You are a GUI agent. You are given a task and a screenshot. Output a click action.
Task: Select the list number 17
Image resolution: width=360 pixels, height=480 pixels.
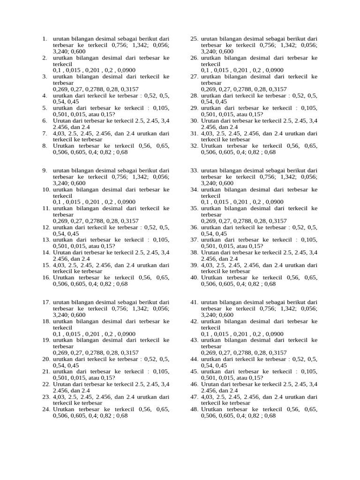(x=46, y=302)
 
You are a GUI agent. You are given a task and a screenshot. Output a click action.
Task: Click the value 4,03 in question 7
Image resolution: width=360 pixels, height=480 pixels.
(x=60, y=133)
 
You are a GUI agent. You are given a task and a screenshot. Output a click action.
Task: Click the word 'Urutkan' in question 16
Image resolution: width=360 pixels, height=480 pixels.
(x=64, y=277)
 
